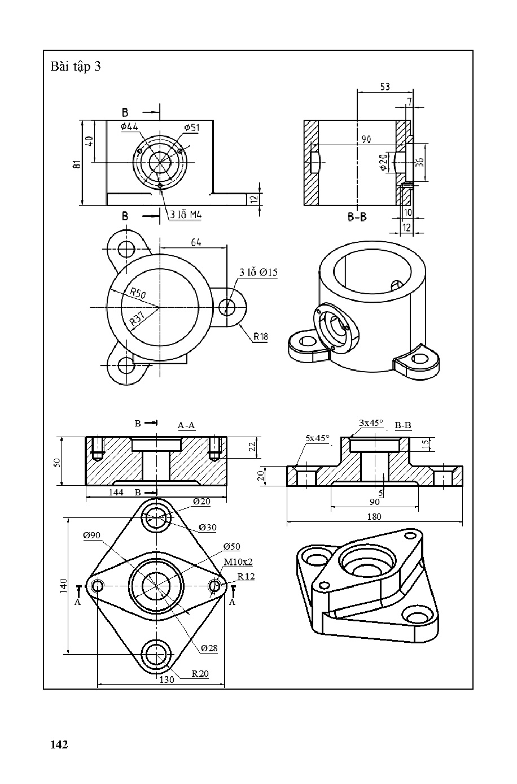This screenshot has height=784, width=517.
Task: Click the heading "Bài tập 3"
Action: (76, 67)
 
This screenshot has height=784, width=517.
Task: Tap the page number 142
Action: (59, 744)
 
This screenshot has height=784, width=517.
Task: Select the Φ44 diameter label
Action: (129, 127)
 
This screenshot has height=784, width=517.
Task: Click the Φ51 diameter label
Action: (191, 128)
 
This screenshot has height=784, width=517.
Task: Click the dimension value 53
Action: (384, 87)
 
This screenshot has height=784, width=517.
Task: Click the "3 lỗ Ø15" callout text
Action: (258, 272)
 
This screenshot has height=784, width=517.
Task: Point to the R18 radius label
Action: (260, 337)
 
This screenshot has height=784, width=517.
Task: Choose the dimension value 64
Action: (196, 242)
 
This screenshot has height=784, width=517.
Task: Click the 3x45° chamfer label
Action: (371, 423)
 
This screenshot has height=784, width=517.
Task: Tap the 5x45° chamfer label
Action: (317, 438)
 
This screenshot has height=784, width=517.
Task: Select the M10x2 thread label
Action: (238, 562)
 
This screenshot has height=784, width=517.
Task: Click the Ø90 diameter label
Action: (91, 535)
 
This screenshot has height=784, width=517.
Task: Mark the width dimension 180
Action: (374, 516)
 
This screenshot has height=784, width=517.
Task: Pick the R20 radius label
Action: (200, 673)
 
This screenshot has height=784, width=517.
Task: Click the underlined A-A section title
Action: (186, 425)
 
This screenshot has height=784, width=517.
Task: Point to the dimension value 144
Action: (116, 493)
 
